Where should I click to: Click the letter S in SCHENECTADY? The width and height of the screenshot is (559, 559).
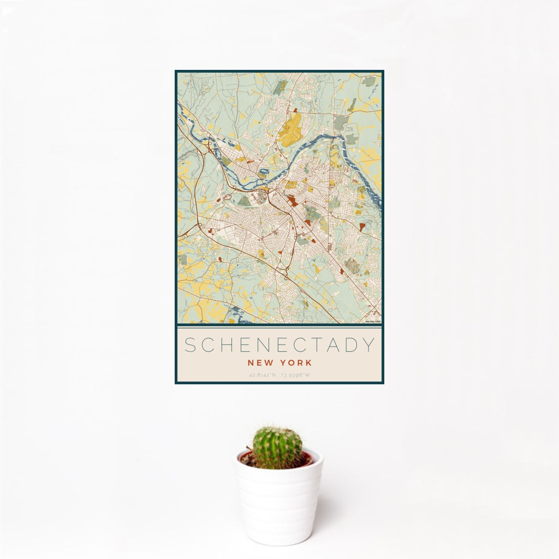coord(190,346)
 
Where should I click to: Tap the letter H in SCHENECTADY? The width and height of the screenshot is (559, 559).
coord(226,346)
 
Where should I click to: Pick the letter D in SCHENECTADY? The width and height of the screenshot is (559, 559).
coord(352,346)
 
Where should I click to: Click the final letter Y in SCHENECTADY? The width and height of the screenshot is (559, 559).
coord(370,346)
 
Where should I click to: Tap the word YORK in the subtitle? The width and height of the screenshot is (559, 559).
coord(295,362)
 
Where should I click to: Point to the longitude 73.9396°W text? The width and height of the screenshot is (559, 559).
coord(295,375)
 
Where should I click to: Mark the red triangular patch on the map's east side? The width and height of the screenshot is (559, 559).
coord(361,226)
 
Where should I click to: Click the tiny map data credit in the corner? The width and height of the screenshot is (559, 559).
coord(373,322)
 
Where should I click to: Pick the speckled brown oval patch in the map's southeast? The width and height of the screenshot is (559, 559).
coord(353,266)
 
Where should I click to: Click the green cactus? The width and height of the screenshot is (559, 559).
coord(277,447)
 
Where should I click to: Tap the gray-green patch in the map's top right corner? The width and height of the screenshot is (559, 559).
coord(370,81)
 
